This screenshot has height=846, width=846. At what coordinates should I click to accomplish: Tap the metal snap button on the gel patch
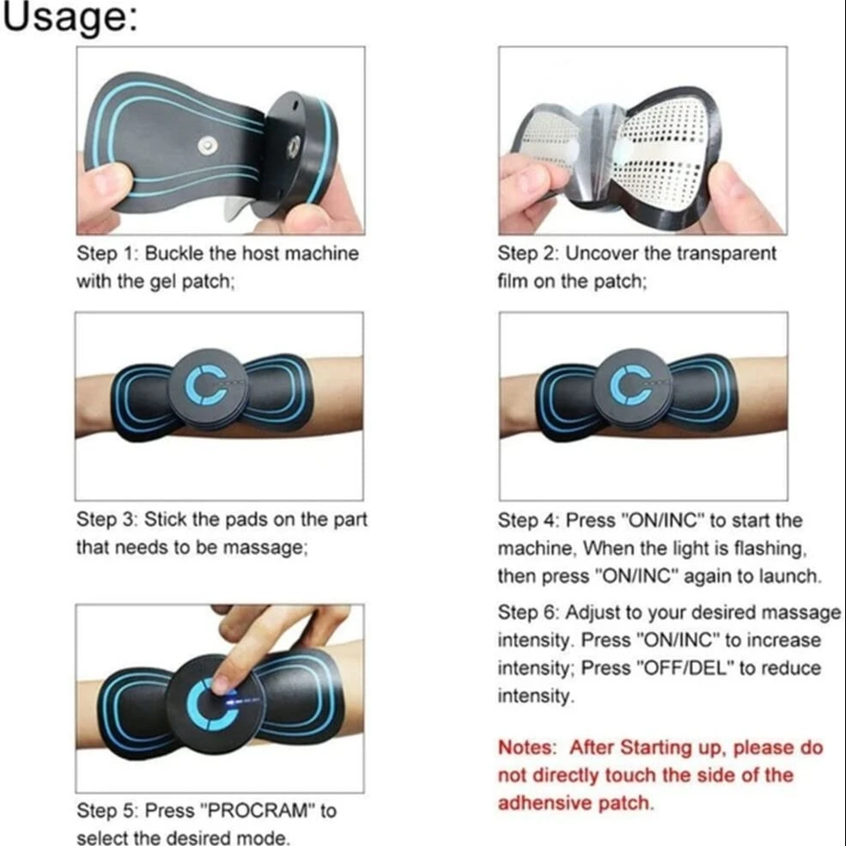(207, 145)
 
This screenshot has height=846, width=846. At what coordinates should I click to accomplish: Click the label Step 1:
(107, 253)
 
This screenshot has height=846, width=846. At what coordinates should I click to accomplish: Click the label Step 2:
(528, 253)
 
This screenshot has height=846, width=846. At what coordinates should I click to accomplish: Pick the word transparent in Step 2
(727, 253)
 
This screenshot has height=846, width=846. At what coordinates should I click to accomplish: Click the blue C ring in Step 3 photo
(206, 386)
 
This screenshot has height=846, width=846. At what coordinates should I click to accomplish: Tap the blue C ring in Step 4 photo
(630, 386)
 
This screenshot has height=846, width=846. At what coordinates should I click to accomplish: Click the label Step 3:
(107, 520)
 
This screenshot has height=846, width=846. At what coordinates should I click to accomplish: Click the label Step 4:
(528, 520)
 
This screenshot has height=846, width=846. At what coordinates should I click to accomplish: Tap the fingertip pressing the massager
(222, 685)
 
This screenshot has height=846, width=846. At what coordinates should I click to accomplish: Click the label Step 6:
(528, 613)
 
